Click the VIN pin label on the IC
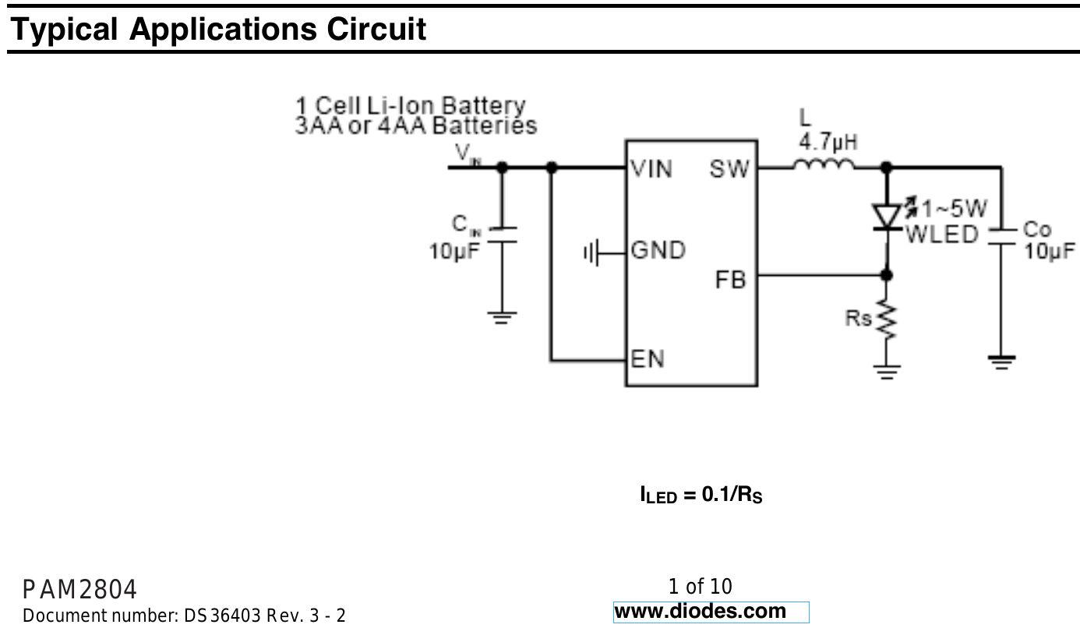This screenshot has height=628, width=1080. pyautogui.click(x=651, y=168)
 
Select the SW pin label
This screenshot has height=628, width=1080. pyautogui.click(x=729, y=168)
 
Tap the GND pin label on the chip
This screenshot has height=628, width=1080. pyautogui.click(x=658, y=251)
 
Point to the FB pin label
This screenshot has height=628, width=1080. pyautogui.click(x=730, y=279)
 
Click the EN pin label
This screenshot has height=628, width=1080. pyautogui.click(x=648, y=359)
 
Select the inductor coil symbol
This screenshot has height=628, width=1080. pyautogui.click(x=824, y=164)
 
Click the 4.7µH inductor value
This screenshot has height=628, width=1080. pyautogui.click(x=828, y=143)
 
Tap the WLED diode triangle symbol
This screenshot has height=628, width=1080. pyautogui.click(x=887, y=217)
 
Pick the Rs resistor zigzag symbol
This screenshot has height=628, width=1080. pyautogui.click(x=887, y=320)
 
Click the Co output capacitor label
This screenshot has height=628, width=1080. pyautogui.click(x=1037, y=230)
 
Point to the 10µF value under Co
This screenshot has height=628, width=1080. pyautogui.click(x=1049, y=251)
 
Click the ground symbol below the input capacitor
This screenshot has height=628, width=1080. pyautogui.click(x=501, y=317)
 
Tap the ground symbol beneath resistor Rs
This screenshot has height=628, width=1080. pyautogui.click(x=887, y=370)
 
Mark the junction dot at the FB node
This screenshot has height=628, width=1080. pyautogui.click(x=887, y=274)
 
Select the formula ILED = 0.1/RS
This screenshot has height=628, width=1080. pyautogui.click(x=701, y=495)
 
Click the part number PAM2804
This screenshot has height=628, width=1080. pyautogui.click(x=79, y=589)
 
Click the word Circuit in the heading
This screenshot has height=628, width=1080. pyautogui.click(x=376, y=30)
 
